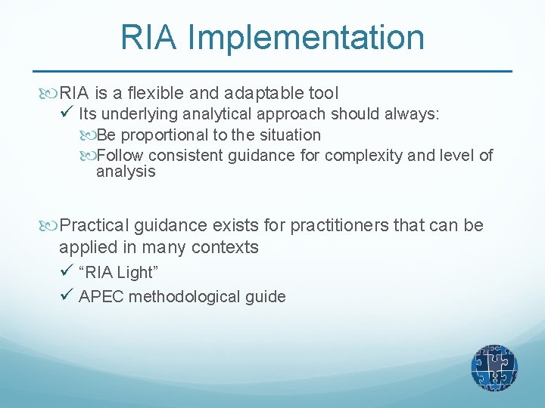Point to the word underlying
(x=136, y=115)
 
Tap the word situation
(x=291, y=135)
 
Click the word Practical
(x=95, y=225)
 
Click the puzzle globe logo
(x=494, y=368)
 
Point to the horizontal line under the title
(x=272, y=71)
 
